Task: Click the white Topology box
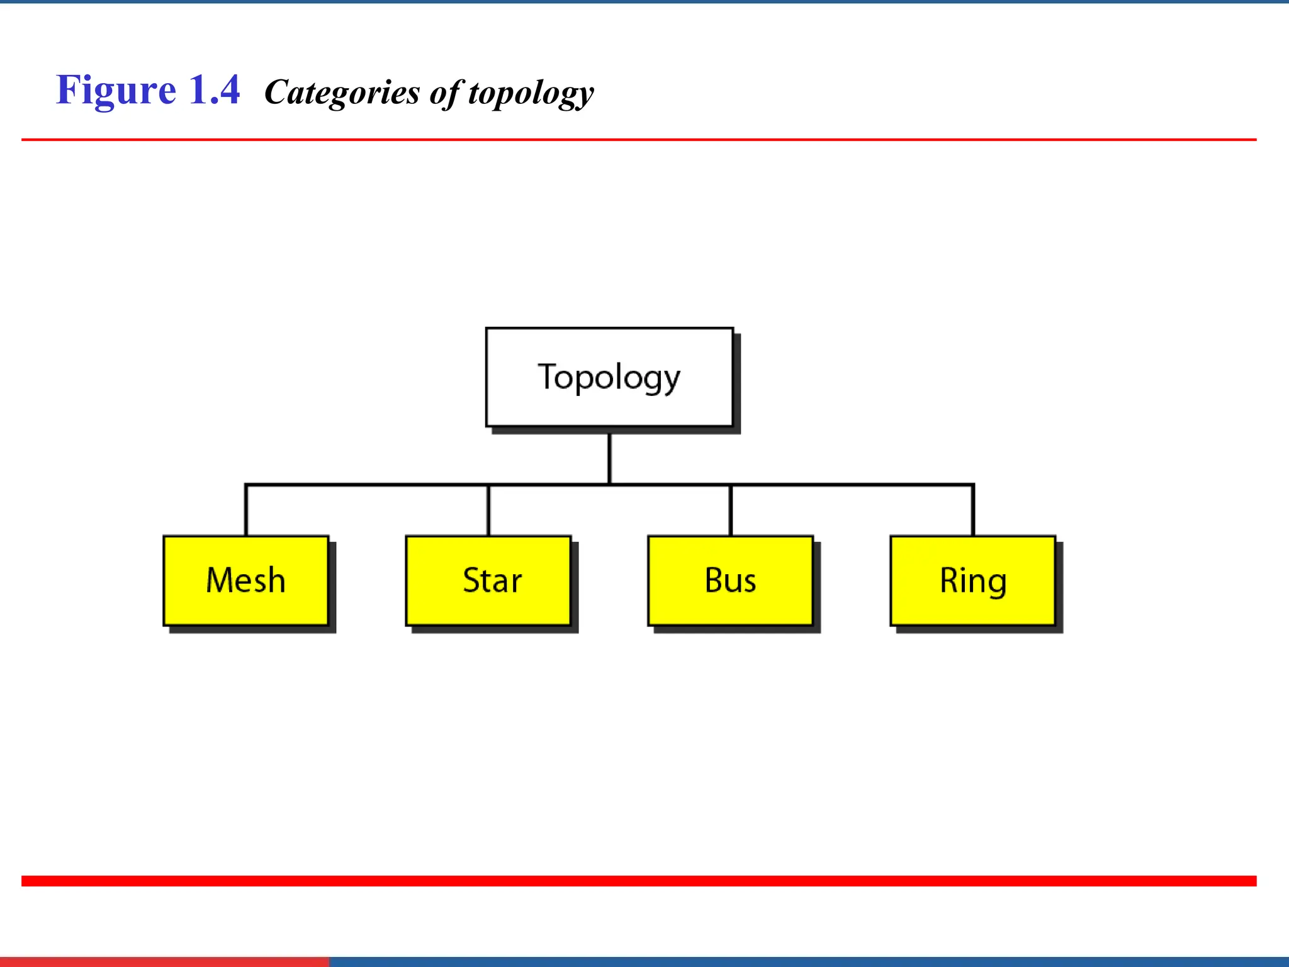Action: (609, 377)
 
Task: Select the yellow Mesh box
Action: (246, 580)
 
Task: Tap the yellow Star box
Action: (488, 580)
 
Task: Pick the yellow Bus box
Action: (730, 580)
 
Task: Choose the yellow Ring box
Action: (972, 580)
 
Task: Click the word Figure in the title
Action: (116, 90)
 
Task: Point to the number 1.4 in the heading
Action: (214, 90)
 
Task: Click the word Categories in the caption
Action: (342, 93)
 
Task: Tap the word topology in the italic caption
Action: (531, 94)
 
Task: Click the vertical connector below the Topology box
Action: (609, 458)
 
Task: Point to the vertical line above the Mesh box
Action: (246, 511)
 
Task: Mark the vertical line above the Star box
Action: (488, 511)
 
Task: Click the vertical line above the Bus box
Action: (730, 511)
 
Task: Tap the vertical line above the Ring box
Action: (973, 511)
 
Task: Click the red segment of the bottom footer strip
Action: (164, 962)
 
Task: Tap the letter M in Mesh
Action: (219, 580)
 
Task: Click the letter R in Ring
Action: (949, 580)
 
